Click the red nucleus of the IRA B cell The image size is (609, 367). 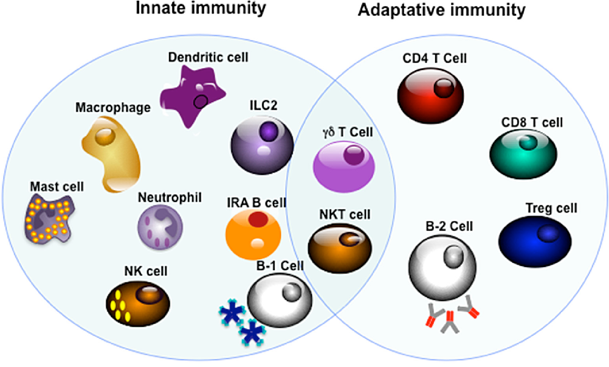pyautogui.click(x=257, y=218)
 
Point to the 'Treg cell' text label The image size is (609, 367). pyautogui.click(x=551, y=209)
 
